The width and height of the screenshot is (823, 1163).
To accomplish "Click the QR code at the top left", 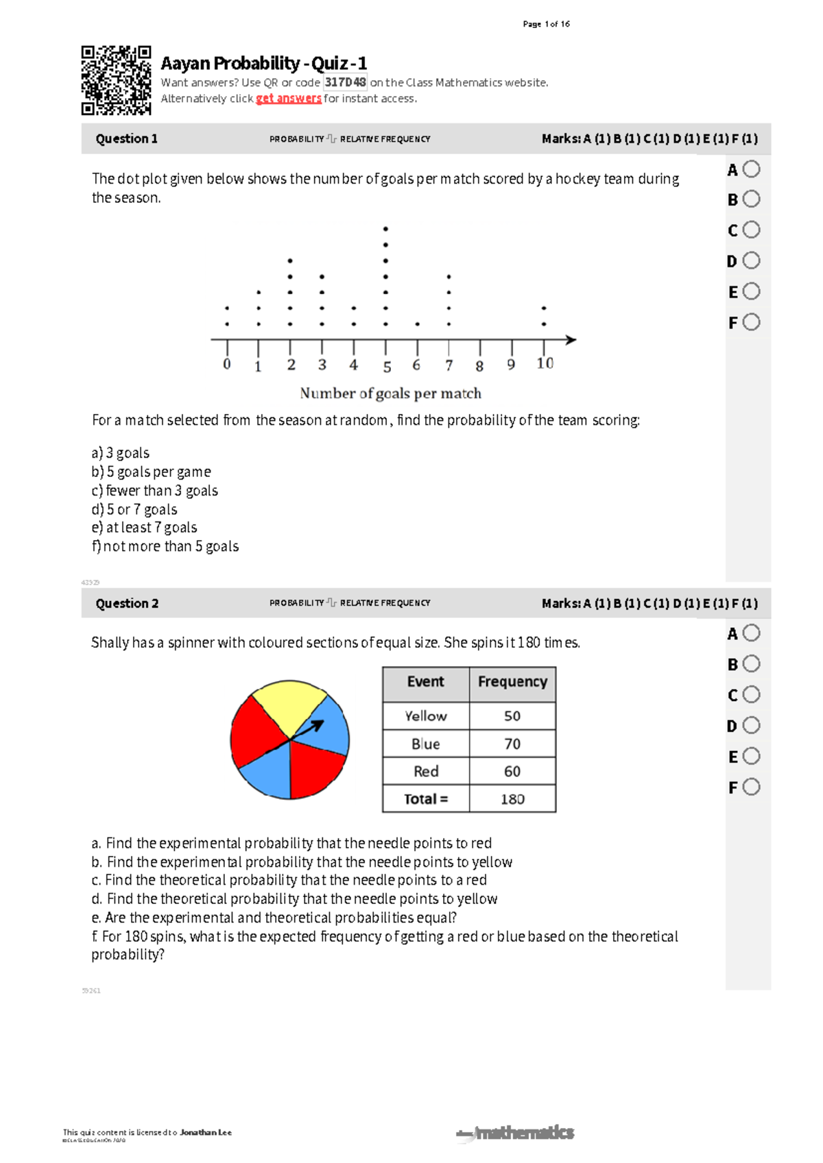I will pyautogui.click(x=116, y=80).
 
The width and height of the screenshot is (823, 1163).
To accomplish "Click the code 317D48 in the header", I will pyautogui.click(x=345, y=82).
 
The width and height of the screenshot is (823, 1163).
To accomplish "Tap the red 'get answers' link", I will pyautogui.click(x=288, y=99).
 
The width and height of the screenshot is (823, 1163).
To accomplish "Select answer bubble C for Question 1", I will pyautogui.click(x=752, y=230).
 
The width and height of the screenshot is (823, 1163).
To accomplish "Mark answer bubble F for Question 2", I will pyautogui.click(x=752, y=787).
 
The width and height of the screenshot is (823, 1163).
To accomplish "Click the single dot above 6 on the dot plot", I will pyautogui.click(x=417, y=324).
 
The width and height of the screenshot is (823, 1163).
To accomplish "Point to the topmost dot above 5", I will pyautogui.click(x=385, y=229).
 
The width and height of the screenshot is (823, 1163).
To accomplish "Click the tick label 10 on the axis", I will pyautogui.click(x=545, y=364).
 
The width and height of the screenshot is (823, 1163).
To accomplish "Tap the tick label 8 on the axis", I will pyautogui.click(x=479, y=366).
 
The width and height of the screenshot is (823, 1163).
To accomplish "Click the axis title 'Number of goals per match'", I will pyautogui.click(x=390, y=393).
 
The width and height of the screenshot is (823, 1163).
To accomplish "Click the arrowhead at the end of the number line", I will pyautogui.click(x=571, y=339).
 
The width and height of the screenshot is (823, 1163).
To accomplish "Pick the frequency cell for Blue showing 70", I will pyautogui.click(x=512, y=744).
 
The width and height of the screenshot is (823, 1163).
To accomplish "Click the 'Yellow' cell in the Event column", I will pyautogui.click(x=425, y=716).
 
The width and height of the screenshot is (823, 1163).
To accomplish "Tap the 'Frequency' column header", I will pyautogui.click(x=512, y=682).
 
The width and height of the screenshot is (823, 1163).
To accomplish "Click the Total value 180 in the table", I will pyautogui.click(x=512, y=799).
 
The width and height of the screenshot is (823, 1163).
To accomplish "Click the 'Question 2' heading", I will pyautogui.click(x=127, y=603).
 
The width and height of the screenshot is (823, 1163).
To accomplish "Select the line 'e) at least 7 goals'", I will pyautogui.click(x=145, y=528).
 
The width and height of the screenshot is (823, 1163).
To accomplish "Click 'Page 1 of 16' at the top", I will pyautogui.click(x=546, y=24).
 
